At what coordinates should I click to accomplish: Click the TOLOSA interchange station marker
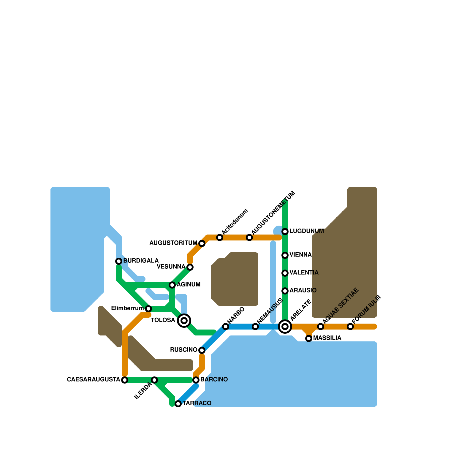(184, 321)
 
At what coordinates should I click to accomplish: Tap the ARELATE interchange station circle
(285, 327)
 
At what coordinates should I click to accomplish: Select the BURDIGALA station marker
(119, 261)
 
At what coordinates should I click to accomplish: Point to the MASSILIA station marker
(309, 338)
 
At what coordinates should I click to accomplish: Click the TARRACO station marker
(178, 404)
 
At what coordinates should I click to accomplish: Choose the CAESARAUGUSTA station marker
(125, 380)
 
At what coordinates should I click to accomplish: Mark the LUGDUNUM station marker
(285, 232)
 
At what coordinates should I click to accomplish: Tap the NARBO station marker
(226, 327)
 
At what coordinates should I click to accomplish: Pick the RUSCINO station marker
(202, 350)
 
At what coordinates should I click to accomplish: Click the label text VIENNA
(300, 255)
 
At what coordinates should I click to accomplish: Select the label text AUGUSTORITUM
(173, 243)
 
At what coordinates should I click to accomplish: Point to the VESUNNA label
(171, 267)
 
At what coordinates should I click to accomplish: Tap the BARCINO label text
(214, 379)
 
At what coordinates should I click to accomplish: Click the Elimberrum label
(127, 308)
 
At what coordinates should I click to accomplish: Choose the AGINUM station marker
(172, 285)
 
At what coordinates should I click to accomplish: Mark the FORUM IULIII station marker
(350, 327)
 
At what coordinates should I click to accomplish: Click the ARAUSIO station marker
(285, 291)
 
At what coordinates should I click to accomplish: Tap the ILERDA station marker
(154, 380)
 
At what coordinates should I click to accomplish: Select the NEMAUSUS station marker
(255, 327)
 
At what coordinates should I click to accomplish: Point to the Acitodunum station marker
(220, 237)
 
